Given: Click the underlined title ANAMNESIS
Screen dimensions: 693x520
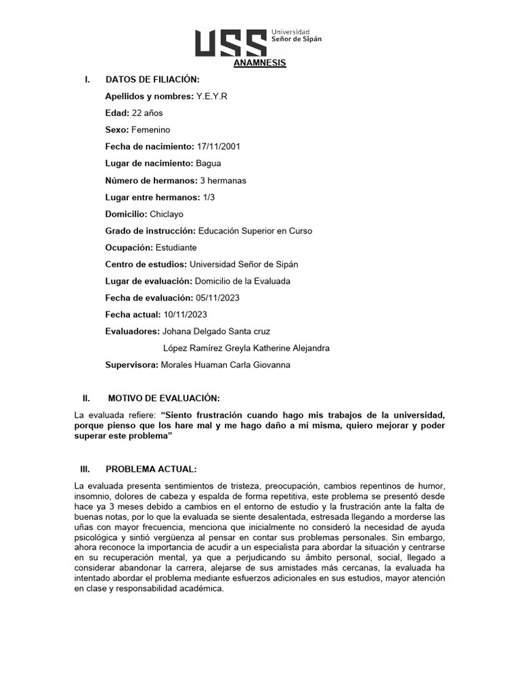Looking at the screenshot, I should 260,63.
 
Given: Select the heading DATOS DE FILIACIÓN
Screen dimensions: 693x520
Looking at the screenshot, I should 152,80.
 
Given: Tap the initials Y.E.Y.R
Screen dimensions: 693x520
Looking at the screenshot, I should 212,96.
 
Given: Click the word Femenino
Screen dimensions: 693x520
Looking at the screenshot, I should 151,129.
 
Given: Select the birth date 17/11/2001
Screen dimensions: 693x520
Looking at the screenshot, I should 218,146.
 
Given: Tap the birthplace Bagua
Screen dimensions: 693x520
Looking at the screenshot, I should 208,163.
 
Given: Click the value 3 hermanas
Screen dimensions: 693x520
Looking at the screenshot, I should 223,180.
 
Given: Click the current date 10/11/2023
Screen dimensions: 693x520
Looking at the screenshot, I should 185,315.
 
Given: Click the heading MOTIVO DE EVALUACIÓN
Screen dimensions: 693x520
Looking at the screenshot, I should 163,398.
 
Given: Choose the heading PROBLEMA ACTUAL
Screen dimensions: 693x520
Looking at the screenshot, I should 151,468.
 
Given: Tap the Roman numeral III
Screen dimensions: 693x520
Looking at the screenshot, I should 86,468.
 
